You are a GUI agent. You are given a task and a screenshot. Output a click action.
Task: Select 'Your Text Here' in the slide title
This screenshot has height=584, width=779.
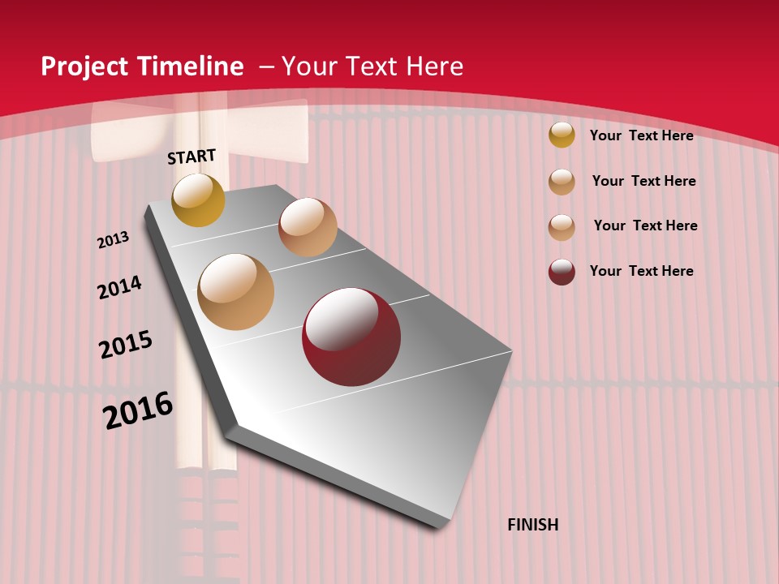(x=372, y=67)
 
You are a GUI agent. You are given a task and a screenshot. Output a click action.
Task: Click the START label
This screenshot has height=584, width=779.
(x=192, y=157)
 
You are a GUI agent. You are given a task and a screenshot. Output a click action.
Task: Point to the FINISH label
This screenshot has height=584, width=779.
(x=533, y=525)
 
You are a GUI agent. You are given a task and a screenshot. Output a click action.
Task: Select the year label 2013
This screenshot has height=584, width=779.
(x=113, y=240)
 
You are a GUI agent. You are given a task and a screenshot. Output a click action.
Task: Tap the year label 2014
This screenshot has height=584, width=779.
(x=119, y=287)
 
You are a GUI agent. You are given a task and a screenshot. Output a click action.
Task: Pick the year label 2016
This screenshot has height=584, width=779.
(x=138, y=410)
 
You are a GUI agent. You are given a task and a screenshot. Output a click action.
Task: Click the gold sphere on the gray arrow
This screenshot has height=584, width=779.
(x=198, y=200)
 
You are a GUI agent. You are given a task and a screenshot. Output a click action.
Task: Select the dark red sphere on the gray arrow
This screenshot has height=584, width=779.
(x=351, y=337)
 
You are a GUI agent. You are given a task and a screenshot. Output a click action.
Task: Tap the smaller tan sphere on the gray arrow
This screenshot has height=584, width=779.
(x=308, y=227)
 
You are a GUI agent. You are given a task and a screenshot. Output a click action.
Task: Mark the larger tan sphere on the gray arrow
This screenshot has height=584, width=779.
(x=235, y=292)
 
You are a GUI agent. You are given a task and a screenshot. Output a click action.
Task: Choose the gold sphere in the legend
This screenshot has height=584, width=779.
(x=562, y=135)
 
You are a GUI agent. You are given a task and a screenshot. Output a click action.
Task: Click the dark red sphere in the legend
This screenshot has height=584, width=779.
(x=562, y=272)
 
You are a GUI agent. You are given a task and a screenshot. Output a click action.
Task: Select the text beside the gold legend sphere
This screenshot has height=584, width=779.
(x=641, y=135)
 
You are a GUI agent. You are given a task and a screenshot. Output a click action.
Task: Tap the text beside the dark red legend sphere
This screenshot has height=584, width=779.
(x=641, y=271)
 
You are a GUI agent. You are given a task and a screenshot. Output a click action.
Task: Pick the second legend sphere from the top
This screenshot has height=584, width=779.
(x=562, y=181)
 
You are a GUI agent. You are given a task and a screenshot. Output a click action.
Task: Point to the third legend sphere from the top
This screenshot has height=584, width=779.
(x=562, y=227)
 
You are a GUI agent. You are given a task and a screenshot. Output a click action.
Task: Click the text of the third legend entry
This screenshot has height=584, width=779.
(x=645, y=225)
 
